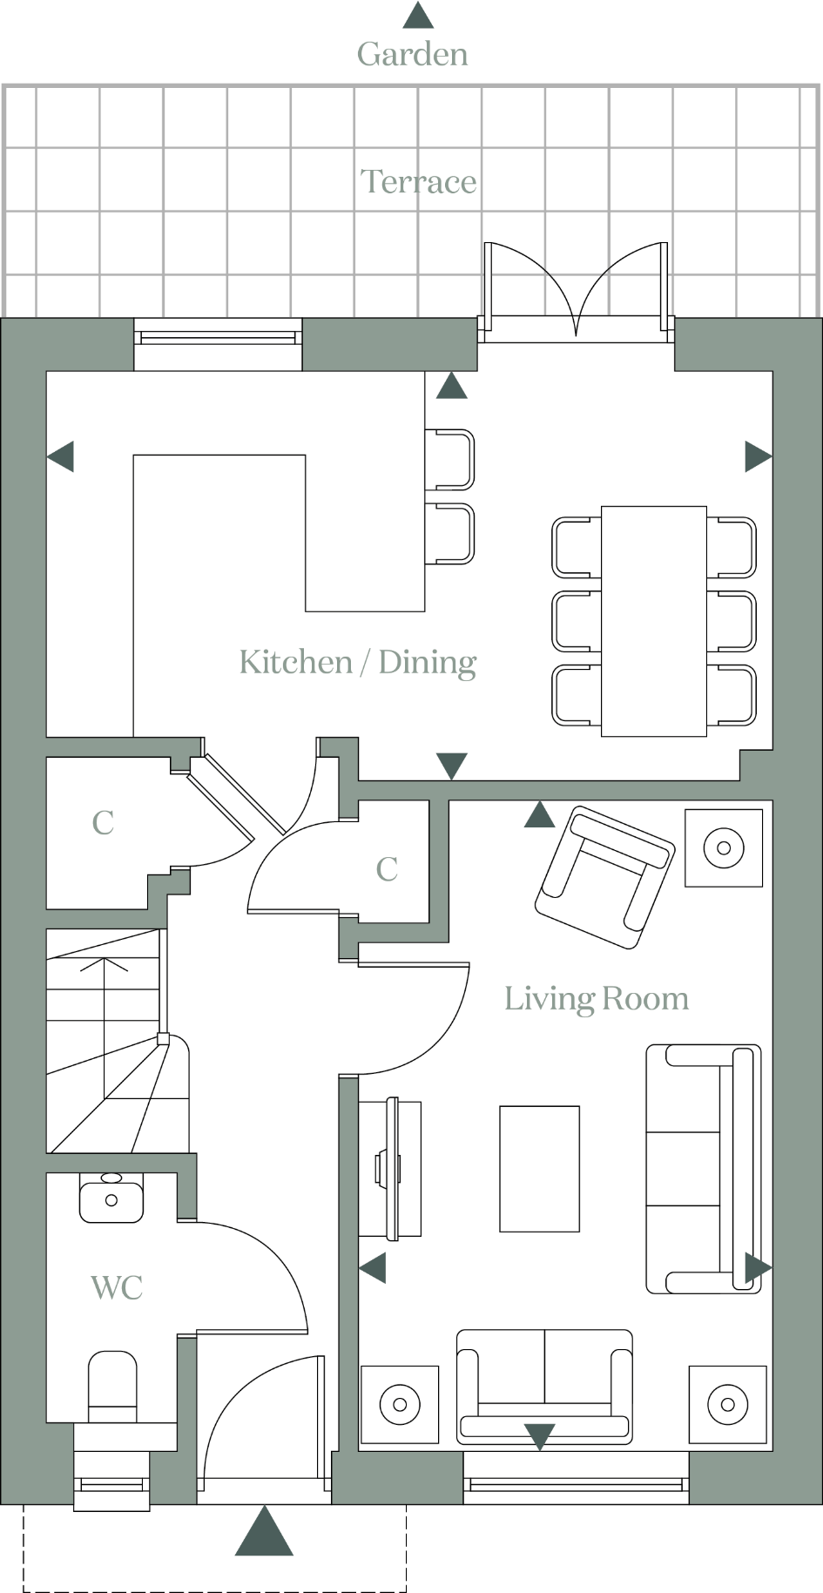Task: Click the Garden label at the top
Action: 412,54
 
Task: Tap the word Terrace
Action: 418,181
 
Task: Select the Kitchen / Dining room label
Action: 357,662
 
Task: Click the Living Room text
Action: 597,998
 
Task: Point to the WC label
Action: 116,1286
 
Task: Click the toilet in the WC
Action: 112,1383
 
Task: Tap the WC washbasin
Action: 111,1198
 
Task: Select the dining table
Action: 653,620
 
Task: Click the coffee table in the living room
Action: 539,1168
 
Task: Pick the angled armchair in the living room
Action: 604,875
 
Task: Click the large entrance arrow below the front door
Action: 264,1532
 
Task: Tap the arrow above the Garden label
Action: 418,15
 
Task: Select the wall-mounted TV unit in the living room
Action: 390,1167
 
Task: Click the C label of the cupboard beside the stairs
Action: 103,822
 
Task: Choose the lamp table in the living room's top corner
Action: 723,847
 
